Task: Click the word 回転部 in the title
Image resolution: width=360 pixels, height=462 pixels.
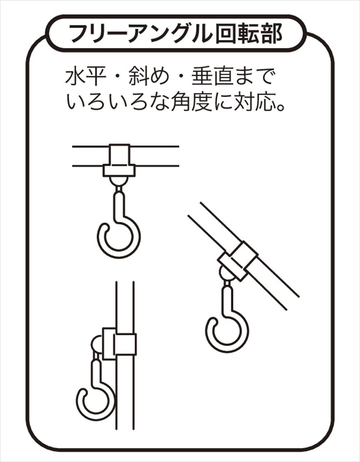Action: (x=249, y=34)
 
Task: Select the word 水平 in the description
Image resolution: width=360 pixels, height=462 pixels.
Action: (x=86, y=77)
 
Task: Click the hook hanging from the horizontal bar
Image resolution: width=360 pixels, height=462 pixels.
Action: (x=119, y=224)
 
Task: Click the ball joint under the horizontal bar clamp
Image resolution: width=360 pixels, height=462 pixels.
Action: (x=118, y=181)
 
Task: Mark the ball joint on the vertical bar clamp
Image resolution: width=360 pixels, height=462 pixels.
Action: (x=97, y=344)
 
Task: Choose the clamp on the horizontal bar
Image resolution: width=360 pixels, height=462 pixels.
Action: (x=119, y=161)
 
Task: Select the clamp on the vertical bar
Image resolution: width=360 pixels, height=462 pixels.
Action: (x=119, y=344)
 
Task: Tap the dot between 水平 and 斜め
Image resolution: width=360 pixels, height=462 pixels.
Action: (x=117, y=77)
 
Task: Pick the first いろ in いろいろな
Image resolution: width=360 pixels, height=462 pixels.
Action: (x=86, y=102)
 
